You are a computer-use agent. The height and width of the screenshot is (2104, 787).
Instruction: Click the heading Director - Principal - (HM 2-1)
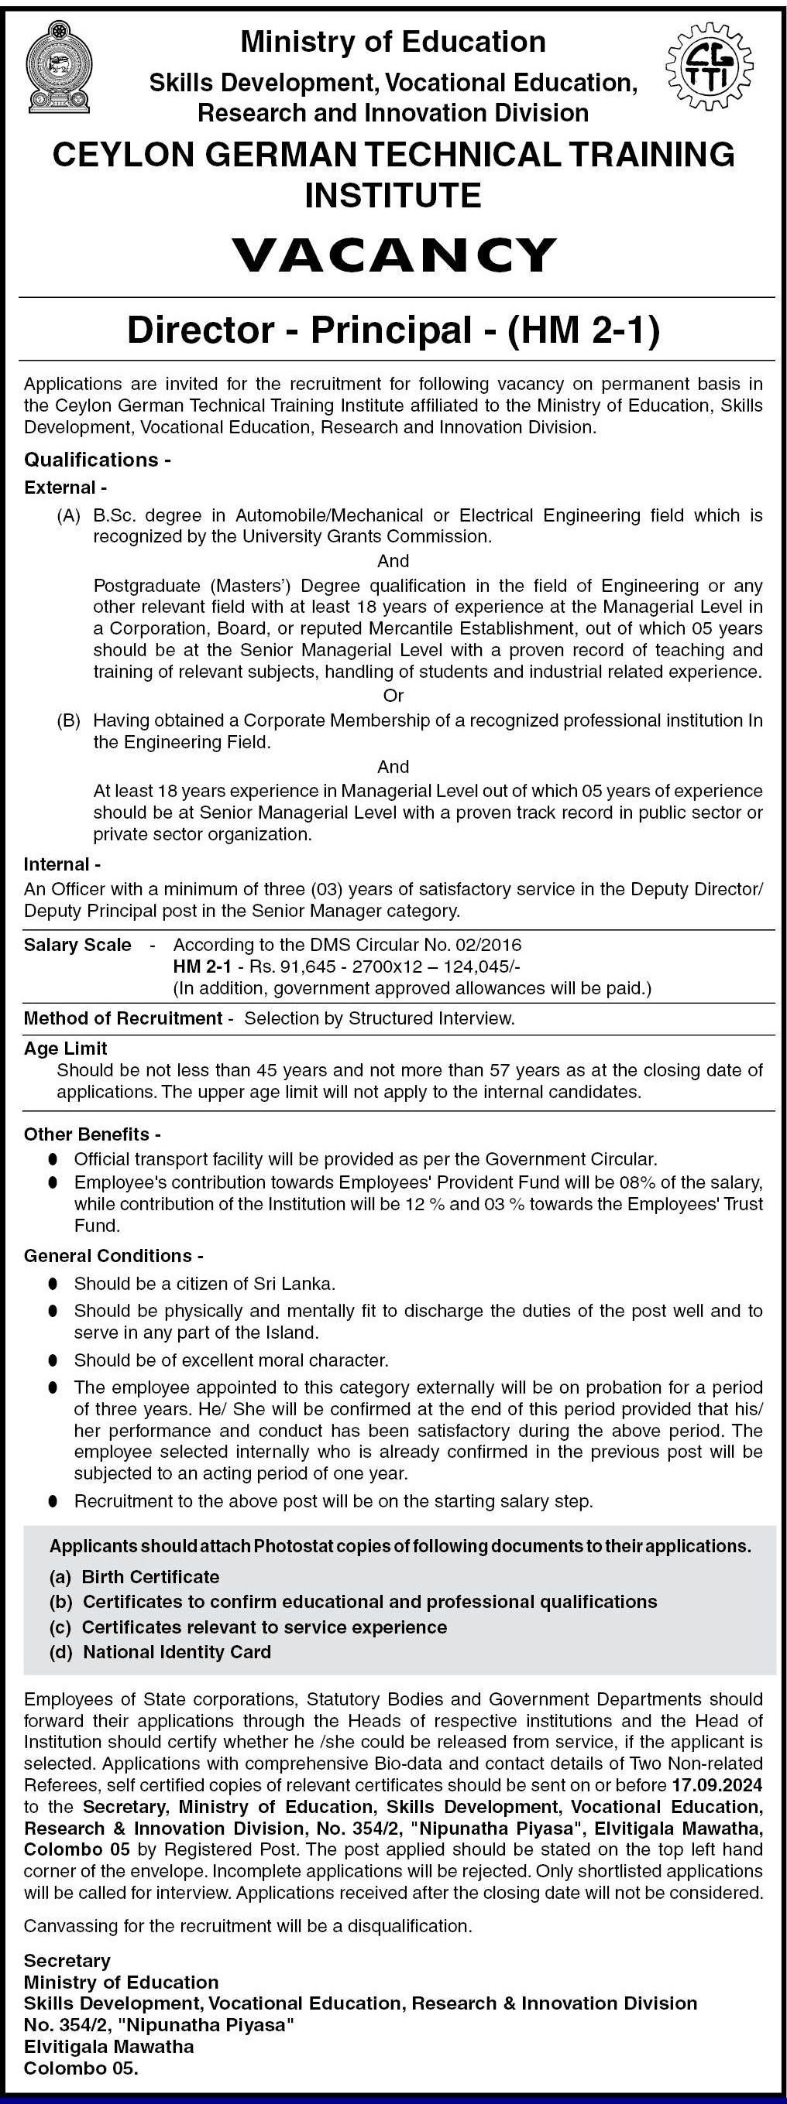click(393, 330)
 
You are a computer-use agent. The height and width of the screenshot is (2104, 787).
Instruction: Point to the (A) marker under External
click(69, 515)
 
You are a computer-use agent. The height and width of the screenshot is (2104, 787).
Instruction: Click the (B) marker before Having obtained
click(69, 720)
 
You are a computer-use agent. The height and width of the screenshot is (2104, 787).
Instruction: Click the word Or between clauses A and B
click(393, 696)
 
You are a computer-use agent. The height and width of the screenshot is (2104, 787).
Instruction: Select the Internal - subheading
click(62, 864)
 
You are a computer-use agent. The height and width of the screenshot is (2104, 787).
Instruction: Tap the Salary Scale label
click(77, 945)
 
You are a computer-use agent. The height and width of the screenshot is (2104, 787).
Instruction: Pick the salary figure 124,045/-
click(479, 966)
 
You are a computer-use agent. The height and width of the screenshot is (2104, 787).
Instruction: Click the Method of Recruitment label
click(122, 1018)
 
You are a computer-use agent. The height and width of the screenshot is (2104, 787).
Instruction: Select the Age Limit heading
click(65, 1048)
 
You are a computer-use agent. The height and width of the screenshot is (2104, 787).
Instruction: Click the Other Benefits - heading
click(92, 1134)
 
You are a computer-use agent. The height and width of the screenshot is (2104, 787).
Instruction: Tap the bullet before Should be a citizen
click(53, 1284)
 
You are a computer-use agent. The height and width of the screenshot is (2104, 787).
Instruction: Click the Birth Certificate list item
click(150, 1576)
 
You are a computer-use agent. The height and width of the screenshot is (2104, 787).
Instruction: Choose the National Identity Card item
click(177, 1651)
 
